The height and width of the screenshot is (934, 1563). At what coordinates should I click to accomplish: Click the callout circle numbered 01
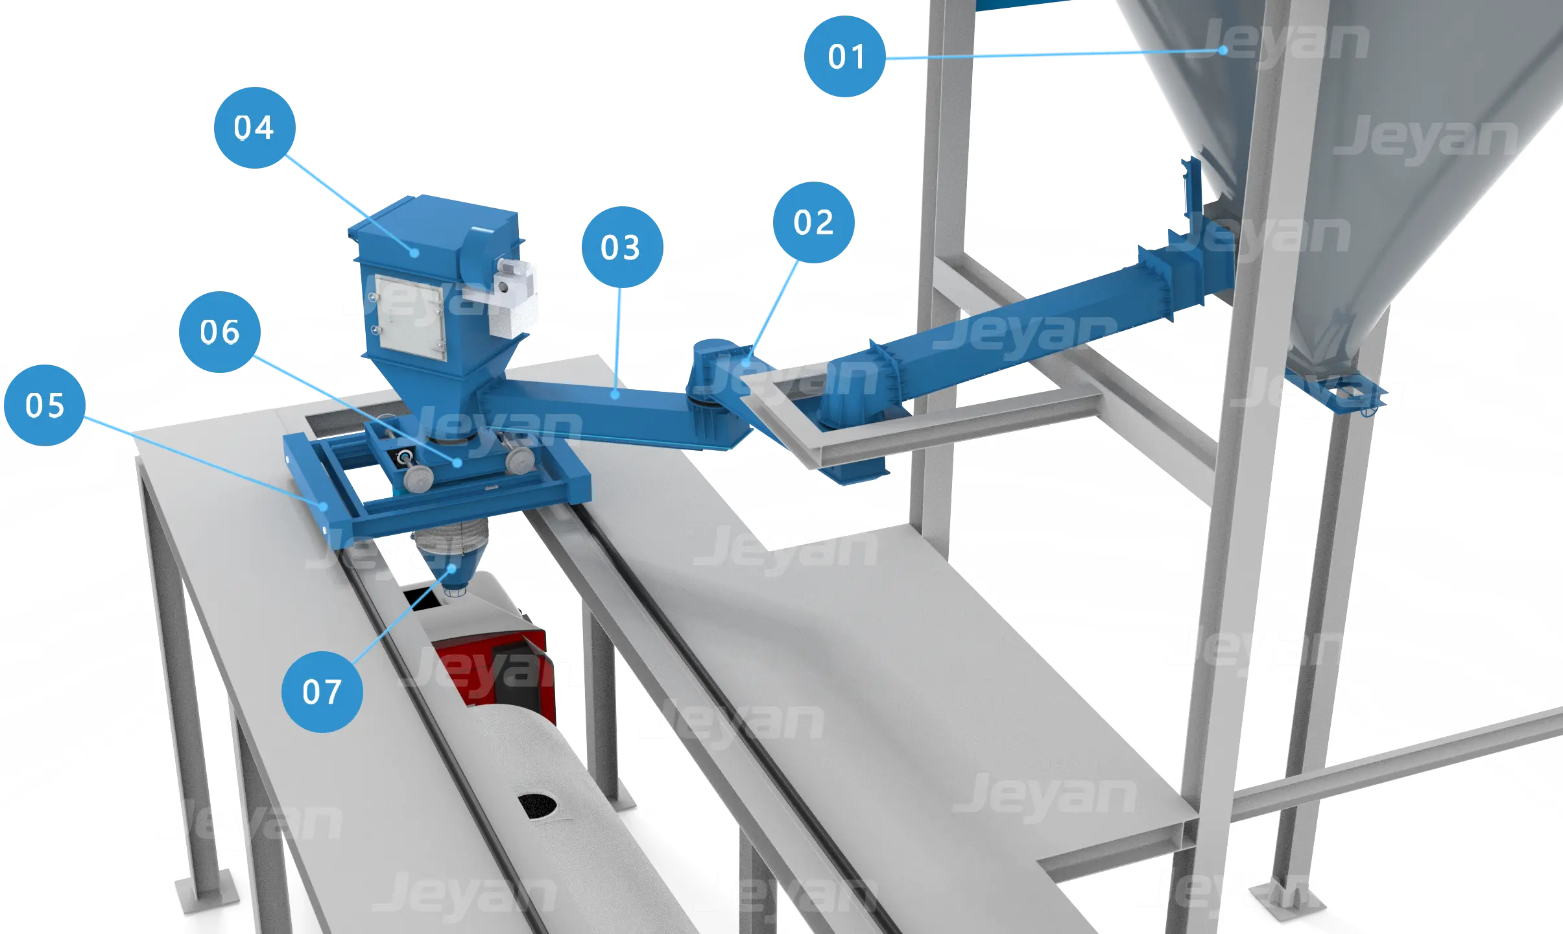tap(845, 56)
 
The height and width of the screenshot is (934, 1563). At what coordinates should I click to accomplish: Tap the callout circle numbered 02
tap(814, 222)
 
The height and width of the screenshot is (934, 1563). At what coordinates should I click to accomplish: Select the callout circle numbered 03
tap(623, 247)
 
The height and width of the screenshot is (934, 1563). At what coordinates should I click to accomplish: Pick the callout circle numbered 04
tap(255, 128)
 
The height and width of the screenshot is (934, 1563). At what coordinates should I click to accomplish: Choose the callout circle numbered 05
tap(45, 405)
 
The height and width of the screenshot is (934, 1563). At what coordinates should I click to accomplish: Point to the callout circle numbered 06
tap(220, 332)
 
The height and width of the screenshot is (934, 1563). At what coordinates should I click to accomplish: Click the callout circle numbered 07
tap(322, 692)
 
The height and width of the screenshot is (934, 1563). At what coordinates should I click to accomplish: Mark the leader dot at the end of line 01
tap(1223, 50)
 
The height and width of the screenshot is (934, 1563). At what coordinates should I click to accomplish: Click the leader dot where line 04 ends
tap(414, 253)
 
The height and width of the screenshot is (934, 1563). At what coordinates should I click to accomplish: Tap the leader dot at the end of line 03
tap(615, 394)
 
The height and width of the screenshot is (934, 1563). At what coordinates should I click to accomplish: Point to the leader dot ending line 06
tap(458, 463)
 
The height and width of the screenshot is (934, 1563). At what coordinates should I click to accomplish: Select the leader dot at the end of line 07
tap(452, 568)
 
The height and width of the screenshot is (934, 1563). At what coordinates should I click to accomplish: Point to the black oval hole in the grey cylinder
tap(537, 806)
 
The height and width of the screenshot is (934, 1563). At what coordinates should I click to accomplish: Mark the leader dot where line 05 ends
tap(322, 507)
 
